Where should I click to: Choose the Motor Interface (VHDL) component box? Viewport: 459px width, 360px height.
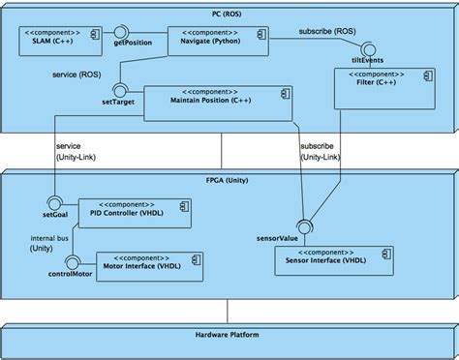(x=146, y=262)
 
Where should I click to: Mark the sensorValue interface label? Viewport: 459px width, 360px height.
(x=277, y=235)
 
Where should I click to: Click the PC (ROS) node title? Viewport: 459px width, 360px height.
(x=229, y=15)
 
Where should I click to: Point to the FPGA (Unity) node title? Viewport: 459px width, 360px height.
(x=229, y=180)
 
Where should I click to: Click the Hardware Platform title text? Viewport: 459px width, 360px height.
(x=229, y=335)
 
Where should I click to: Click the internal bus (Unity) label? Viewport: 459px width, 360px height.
(x=47, y=242)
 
